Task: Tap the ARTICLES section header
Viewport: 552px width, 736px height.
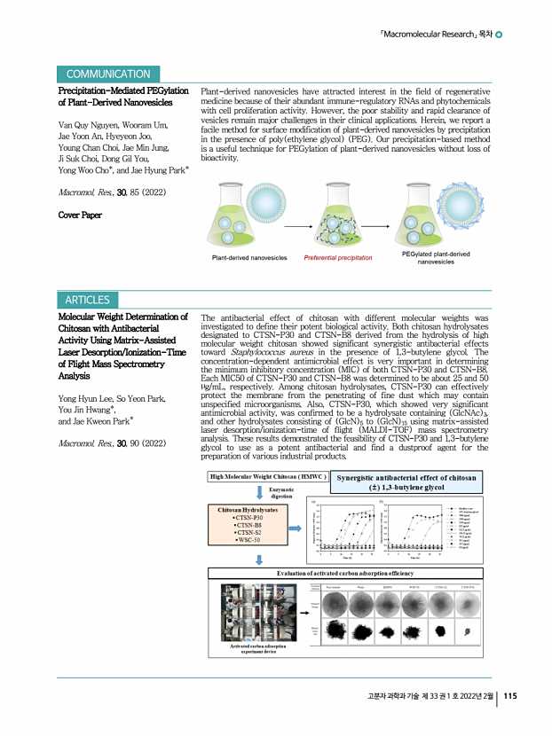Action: point(86,300)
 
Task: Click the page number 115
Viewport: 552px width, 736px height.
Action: point(510,720)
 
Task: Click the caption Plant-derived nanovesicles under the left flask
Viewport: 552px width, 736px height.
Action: point(249,258)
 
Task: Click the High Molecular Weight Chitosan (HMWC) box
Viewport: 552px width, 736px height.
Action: point(264,477)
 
